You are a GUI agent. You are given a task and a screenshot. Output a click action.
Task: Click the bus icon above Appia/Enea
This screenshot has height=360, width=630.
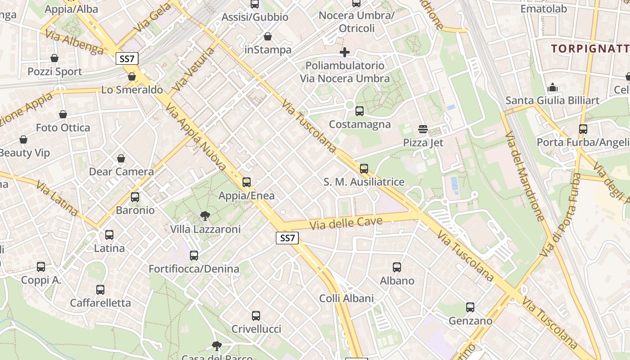coord(247,182)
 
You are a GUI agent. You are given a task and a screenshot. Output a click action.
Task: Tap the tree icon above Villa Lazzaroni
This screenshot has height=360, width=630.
coord(205,216)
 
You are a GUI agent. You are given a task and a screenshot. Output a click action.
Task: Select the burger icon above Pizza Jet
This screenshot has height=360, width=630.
coord(423,129)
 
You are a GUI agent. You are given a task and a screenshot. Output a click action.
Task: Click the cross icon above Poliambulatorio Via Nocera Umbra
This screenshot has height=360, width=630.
coord(345,52)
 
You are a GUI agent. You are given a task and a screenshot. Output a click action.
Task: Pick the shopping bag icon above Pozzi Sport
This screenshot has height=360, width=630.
coord(54,58)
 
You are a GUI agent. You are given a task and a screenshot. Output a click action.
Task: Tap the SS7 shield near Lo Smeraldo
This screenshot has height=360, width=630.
coord(127,58)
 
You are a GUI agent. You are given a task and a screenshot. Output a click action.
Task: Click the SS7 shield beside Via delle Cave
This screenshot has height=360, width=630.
coord(287,238)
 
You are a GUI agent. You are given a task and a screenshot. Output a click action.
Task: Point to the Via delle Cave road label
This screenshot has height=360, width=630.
coord(346,222)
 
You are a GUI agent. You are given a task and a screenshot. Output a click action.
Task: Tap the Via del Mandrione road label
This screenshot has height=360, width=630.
coord(525,176)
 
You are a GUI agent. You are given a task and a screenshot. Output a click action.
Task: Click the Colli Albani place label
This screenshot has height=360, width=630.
coord(346,298)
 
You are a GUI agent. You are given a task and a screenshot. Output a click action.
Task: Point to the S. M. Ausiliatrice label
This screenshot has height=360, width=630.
coord(364,182)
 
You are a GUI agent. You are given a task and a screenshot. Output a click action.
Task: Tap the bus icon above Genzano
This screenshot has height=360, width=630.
coord(470,307)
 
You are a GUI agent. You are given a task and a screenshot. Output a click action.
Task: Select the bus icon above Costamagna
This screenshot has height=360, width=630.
coord(360,111)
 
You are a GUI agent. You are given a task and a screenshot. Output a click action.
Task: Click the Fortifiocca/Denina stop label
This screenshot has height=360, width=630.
coord(194,269)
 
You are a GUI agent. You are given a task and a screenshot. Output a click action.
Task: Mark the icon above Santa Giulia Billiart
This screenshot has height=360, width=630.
coord(552,87)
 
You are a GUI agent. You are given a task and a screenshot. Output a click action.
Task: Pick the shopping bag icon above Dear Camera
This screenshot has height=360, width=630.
coord(121,158)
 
